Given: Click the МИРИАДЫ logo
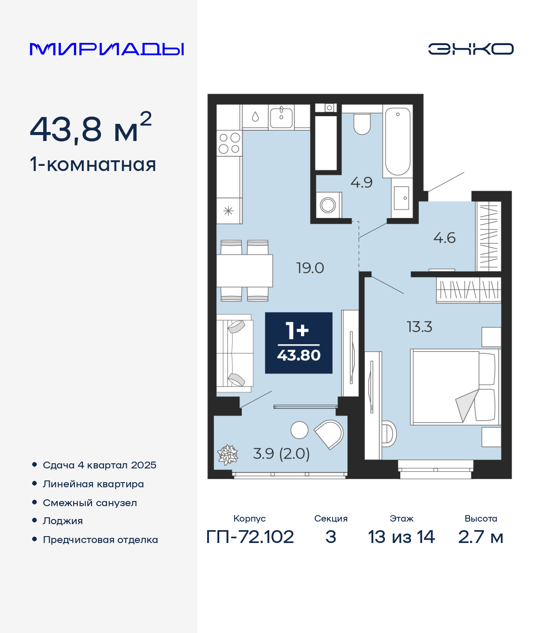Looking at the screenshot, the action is point(107,49).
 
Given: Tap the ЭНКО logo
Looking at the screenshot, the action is point(471,49).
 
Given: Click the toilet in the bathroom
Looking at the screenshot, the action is point(362,124).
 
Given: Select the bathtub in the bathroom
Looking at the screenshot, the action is point(397,141).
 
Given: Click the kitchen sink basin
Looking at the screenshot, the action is point(281,117).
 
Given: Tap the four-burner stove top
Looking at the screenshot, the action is point(229,143).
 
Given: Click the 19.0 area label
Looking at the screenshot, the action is point(310,268).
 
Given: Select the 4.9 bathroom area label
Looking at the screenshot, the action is point(361,183).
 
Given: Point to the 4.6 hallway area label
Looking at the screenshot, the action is point(444,238).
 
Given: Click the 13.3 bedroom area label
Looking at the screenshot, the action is point(419,327).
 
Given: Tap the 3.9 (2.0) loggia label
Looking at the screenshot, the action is point(281,453).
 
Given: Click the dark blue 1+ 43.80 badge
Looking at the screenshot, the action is point(299,343).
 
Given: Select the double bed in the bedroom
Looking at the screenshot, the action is point(456,387).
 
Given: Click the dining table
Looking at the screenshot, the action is point(244,271).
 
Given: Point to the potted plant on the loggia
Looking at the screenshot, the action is point(227,454).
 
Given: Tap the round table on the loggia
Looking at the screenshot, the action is point(299,430).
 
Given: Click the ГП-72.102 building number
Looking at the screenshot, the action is point(250,537).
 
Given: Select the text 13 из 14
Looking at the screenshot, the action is point(401,537).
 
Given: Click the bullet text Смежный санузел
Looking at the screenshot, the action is point(89,503).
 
